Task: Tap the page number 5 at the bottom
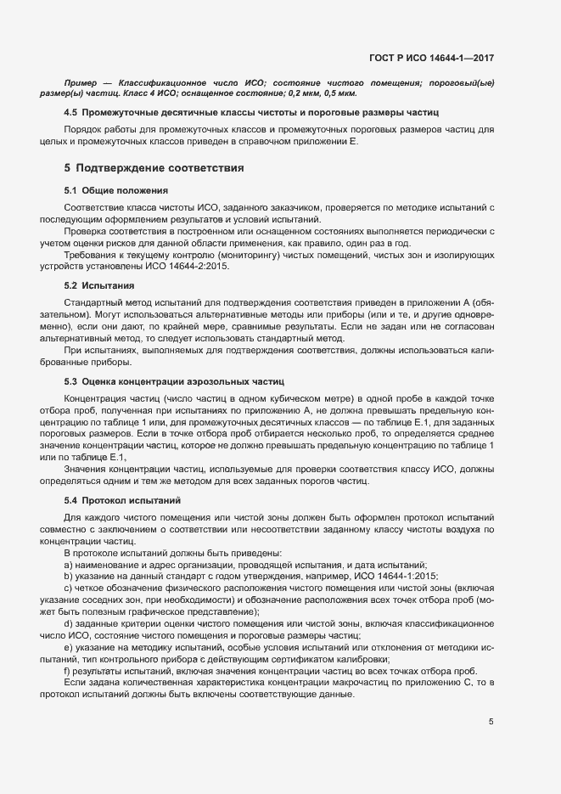[x=491, y=722]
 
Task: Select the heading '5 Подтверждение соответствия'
[x=154, y=168]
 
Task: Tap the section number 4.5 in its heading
[x=71, y=113]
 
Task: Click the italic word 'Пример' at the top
[x=79, y=84]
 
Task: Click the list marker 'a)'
[x=69, y=566]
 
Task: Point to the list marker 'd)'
[x=69, y=624]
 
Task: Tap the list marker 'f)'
[x=68, y=670]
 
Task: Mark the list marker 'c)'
[x=69, y=588]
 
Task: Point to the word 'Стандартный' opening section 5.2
[x=91, y=302]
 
